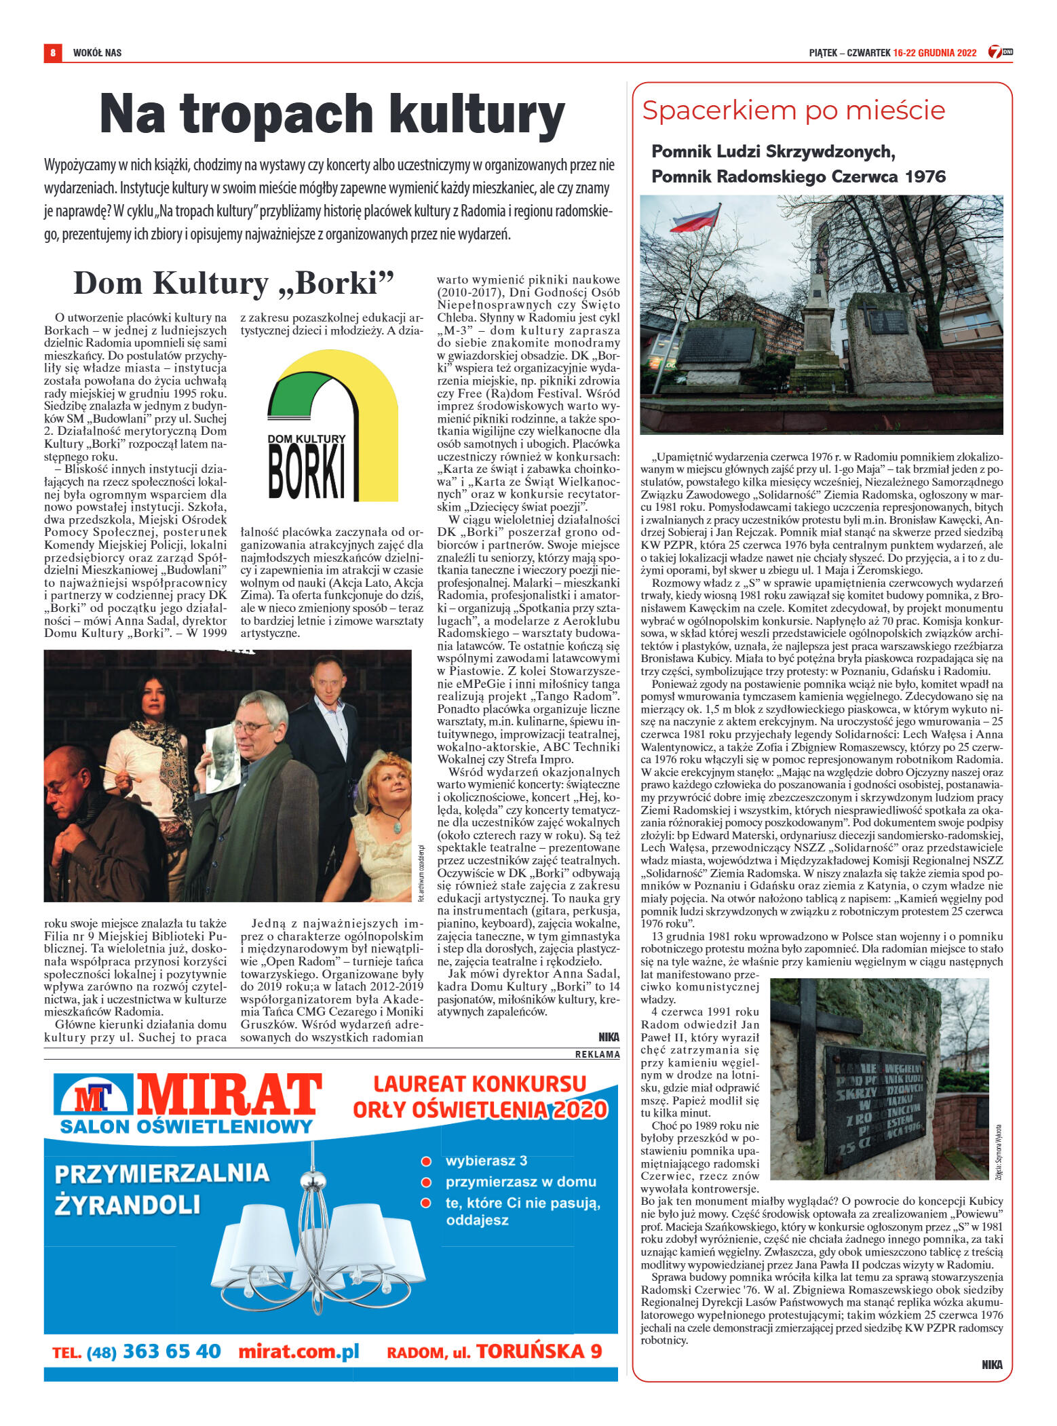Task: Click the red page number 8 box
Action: click(x=52, y=52)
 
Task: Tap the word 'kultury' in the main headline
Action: click(x=478, y=114)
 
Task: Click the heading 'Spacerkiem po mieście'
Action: click(x=793, y=111)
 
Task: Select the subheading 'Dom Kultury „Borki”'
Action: click(x=233, y=283)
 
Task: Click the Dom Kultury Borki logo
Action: click(x=332, y=425)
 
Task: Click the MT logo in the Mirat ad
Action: click(x=93, y=1096)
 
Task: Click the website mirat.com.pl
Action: click(x=299, y=1351)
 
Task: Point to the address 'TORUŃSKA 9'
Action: click(x=538, y=1351)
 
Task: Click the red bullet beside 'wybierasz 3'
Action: click(x=426, y=1161)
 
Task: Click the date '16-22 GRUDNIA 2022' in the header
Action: click(x=934, y=53)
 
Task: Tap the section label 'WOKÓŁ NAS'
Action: click(x=97, y=53)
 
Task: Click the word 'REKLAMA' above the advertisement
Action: click(x=597, y=1054)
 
